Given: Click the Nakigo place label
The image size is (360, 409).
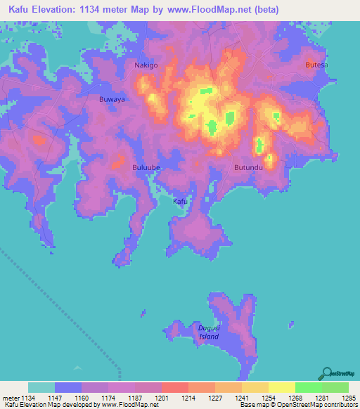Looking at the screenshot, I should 146,65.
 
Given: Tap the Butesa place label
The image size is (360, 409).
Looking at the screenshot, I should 316,65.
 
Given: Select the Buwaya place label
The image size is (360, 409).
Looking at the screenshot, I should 112,100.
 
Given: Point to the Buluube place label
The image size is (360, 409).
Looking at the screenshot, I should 147,167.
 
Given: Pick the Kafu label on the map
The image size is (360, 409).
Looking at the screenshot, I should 181,201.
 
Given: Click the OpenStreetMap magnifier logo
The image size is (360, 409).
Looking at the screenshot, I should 326,372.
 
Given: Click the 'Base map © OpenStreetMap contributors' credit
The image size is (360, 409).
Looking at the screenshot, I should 297,405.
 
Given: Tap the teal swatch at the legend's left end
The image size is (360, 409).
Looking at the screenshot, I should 41,387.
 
